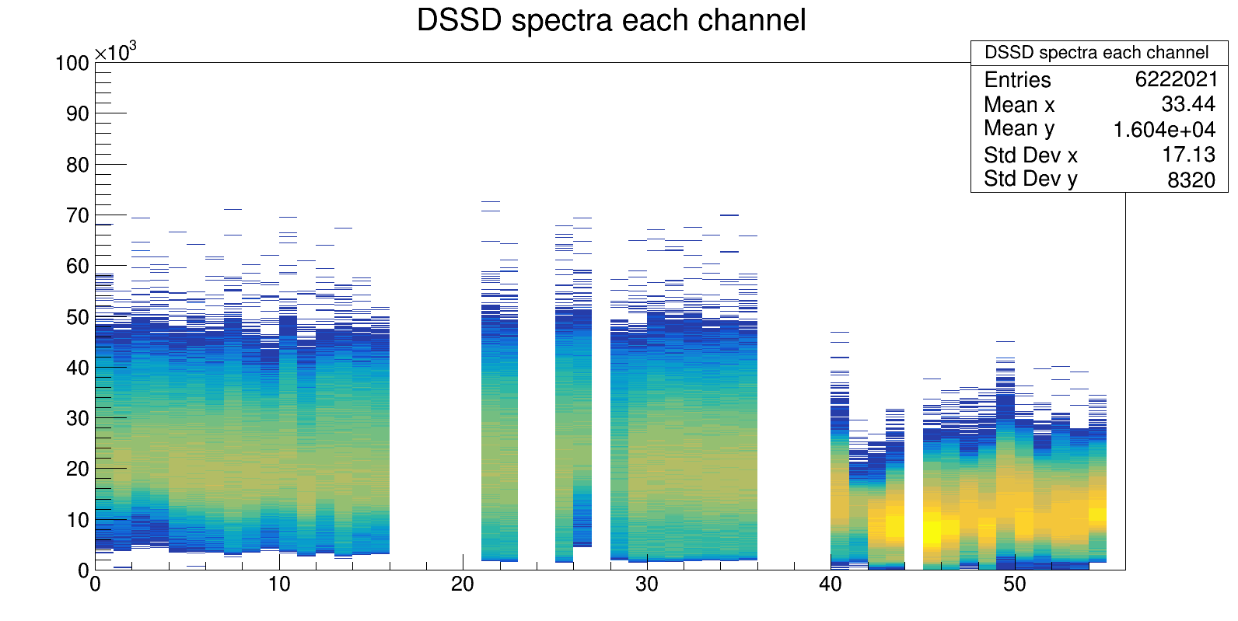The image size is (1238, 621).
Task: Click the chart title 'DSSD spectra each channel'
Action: click(x=611, y=21)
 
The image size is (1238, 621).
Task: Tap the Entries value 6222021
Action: click(x=1176, y=79)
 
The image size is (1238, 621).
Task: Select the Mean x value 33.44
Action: click(x=1187, y=104)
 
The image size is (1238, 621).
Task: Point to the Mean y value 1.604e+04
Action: click(x=1164, y=129)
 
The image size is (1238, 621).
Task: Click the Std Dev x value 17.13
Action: click(x=1188, y=155)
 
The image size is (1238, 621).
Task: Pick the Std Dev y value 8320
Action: click(x=1191, y=180)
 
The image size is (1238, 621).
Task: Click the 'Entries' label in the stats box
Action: click(x=1017, y=79)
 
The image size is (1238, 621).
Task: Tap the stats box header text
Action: click(x=1096, y=53)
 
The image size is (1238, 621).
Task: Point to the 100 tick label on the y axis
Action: click(x=72, y=63)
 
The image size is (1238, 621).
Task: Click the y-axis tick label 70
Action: click(x=78, y=215)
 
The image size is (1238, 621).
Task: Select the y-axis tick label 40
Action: click(x=78, y=368)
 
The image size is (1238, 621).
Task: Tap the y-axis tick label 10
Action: click(x=78, y=520)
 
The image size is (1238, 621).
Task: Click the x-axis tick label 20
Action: click(x=463, y=584)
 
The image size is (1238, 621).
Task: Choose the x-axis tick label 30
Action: click(x=646, y=584)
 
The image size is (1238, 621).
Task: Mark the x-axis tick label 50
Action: click(x=1014, y=584)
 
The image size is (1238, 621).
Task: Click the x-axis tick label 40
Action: click(x=831, y=584)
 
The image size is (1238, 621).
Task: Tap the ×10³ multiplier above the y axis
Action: click(x=115, y=52)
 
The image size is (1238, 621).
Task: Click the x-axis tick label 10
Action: click(x=279, y=584)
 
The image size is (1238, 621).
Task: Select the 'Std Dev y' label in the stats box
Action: click(x=1030, y=179)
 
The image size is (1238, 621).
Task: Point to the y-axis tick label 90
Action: click(x=78, y=113)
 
